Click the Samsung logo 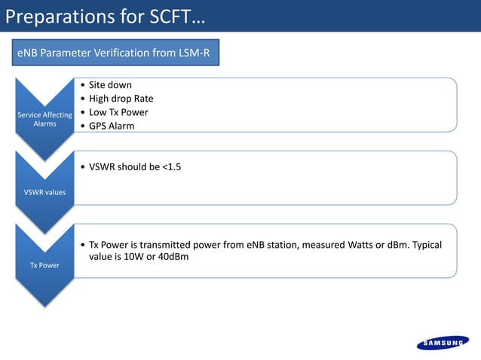click(x=442, y=343)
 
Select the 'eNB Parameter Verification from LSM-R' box click(x=114, y=53)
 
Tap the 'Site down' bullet click(x=110, y=85)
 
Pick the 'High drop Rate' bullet click(x=121, y=99)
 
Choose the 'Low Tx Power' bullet click(x=118, y=112)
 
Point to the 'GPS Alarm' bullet click(x=112, y=126)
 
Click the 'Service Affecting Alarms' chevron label click(x=44, y=119)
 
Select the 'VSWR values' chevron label click(x=44, y=192)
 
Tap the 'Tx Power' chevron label click(x=44, y=265)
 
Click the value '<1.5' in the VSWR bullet click(x=171, y=166)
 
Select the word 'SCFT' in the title click(x=164, y=16)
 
